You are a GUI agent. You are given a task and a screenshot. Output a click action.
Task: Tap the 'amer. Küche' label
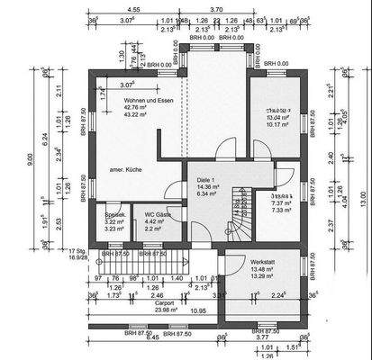pyautogui.click(x=128, y=169)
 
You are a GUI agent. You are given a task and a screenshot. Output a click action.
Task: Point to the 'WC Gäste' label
pyautogui.click(x=159, y=215)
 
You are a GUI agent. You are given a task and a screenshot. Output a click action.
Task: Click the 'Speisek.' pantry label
pyautogui.click(x=115, y=215)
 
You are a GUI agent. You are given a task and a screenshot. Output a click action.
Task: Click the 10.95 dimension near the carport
pyautogui.click(x=197, y=310)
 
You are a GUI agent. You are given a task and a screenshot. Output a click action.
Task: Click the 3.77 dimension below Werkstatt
pyautogui.click(x=259, y=337)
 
